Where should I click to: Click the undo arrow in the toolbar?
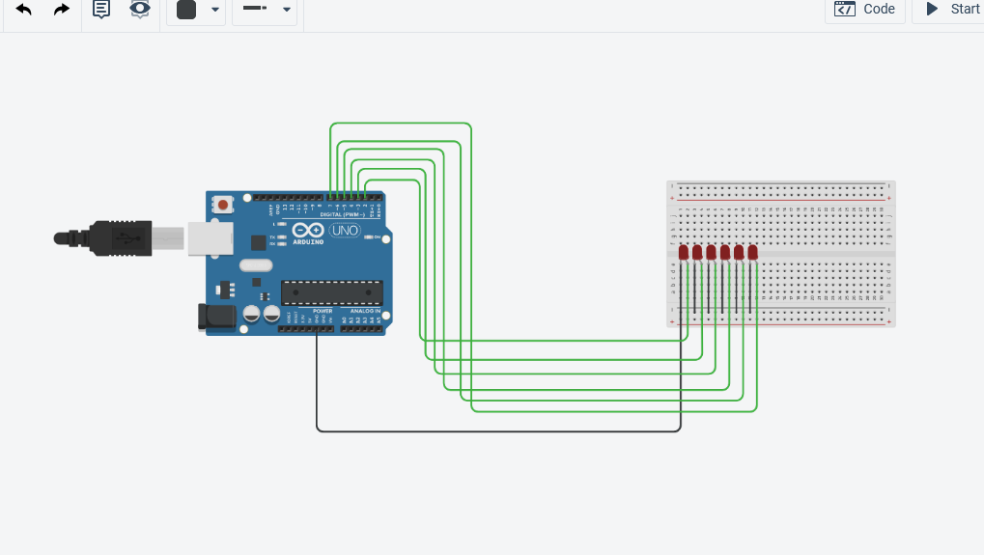[x=24, y=10]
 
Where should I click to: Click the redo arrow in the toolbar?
[x=62, y=10]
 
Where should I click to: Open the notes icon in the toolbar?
[x=101, y=10]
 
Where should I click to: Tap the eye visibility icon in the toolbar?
[x=140, y=10]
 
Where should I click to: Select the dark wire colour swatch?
[x=186, y=10]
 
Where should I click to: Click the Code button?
[x=865, y=10]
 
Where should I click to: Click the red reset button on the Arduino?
[x=224, y=204]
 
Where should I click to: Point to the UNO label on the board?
[x=345, y=231]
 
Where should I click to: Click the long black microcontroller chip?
[x=331, y=291]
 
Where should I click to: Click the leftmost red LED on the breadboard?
[x=684, y=253]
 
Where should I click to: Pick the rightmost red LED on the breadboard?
[x=753, y=253]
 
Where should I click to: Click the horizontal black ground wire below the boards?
[x=497, y=431]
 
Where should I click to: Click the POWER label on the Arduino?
[x=322, y=311]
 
